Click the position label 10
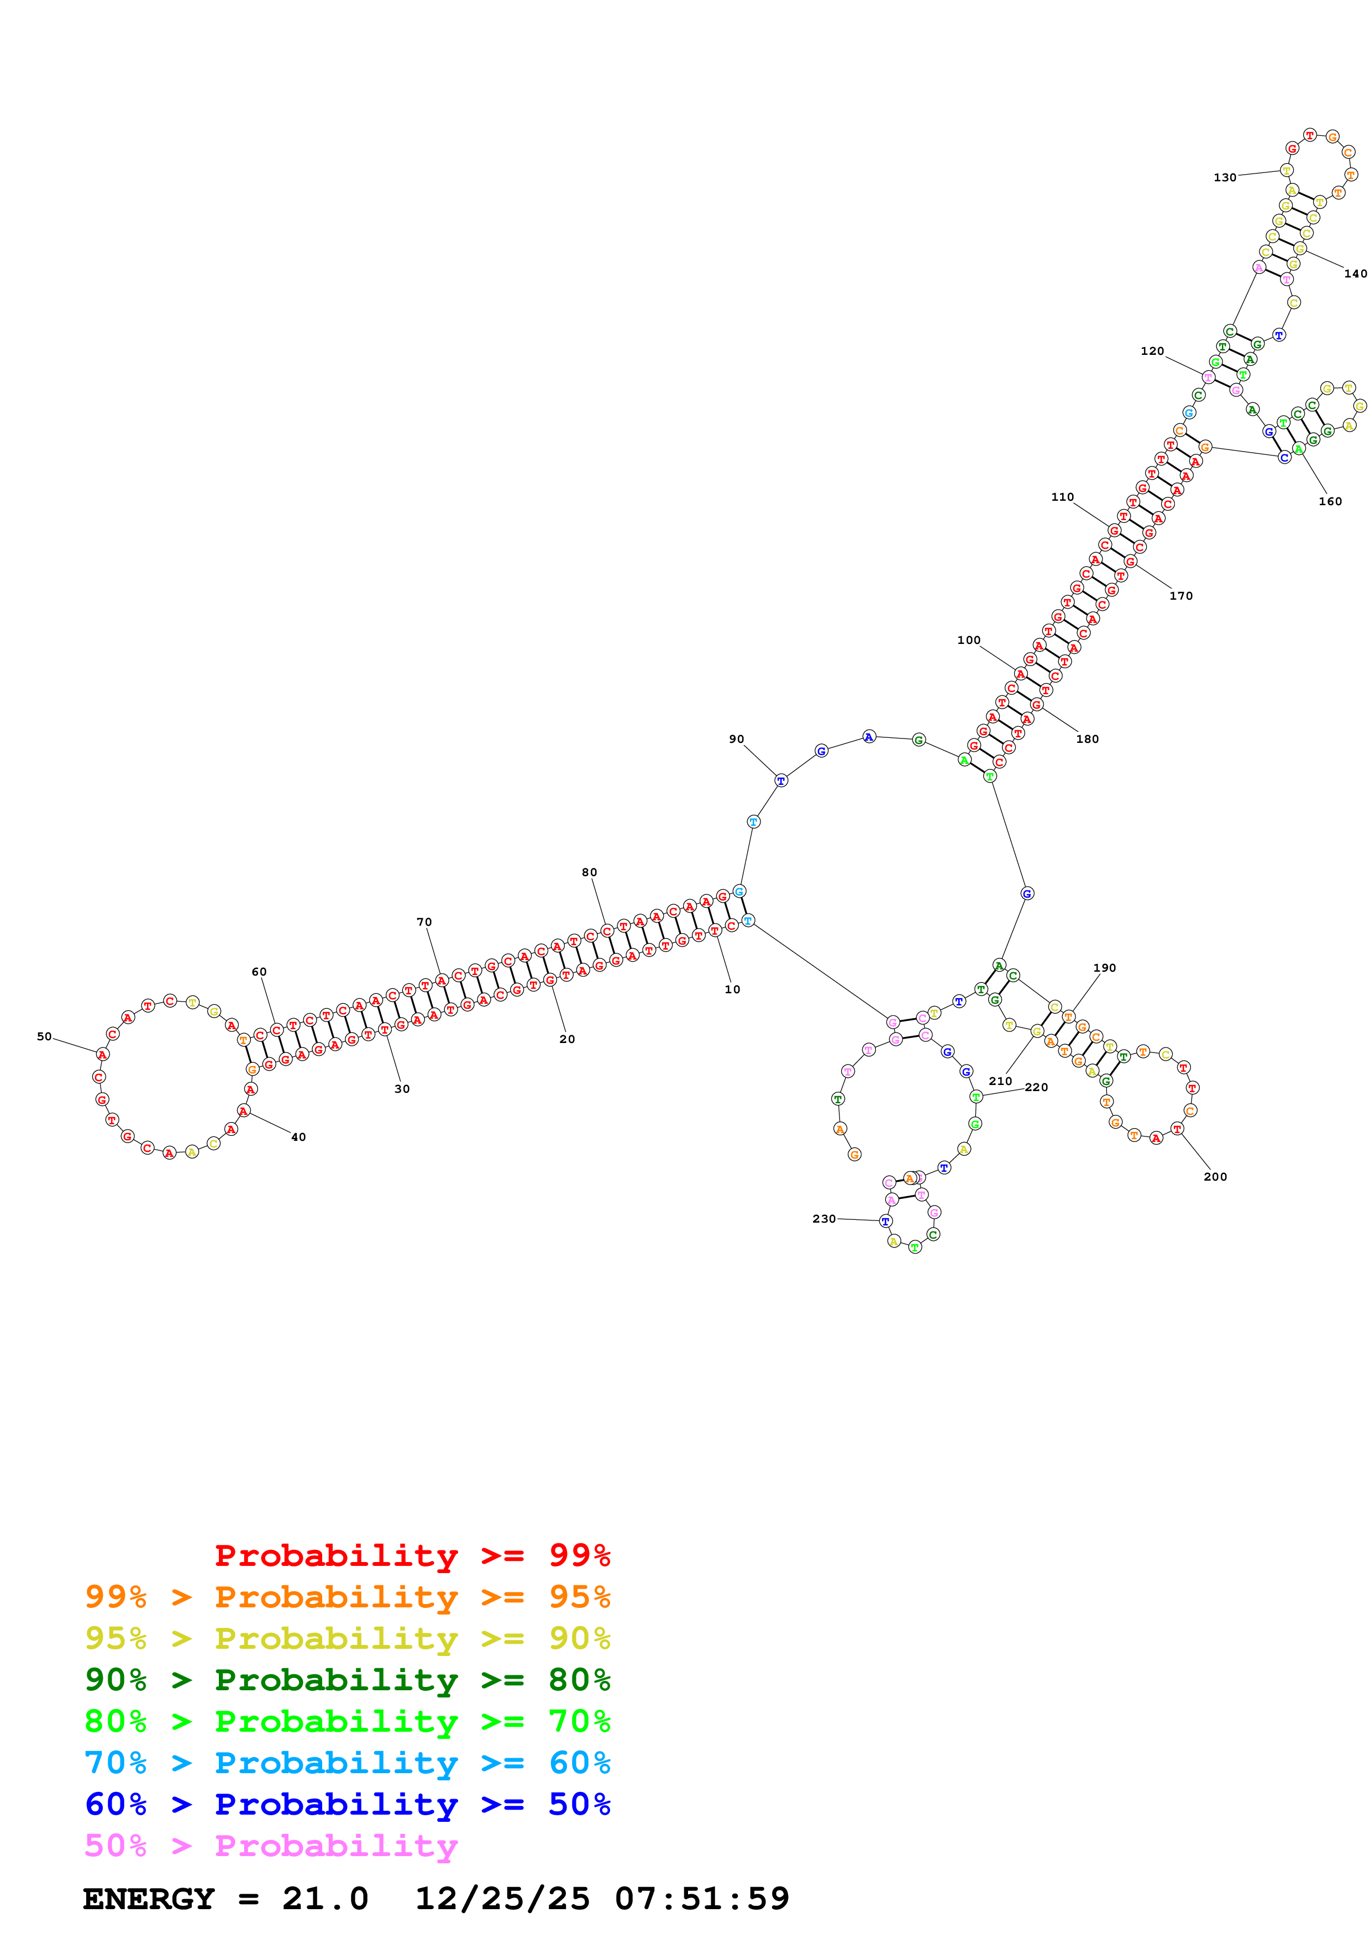pos(732,989)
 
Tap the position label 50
pos(44,1036)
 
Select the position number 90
pos(736,739)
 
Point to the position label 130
pos(1224,177)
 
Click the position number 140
pos(1355,274)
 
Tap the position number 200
pos(1215,1176)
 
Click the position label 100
pos(968,640)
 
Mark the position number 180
pos(1086,739)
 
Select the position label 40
pos(298,1137)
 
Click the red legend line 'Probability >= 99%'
pos(412,1555)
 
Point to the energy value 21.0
pos(325,1899)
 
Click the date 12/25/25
pos(502,1899)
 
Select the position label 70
pos(424,922)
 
